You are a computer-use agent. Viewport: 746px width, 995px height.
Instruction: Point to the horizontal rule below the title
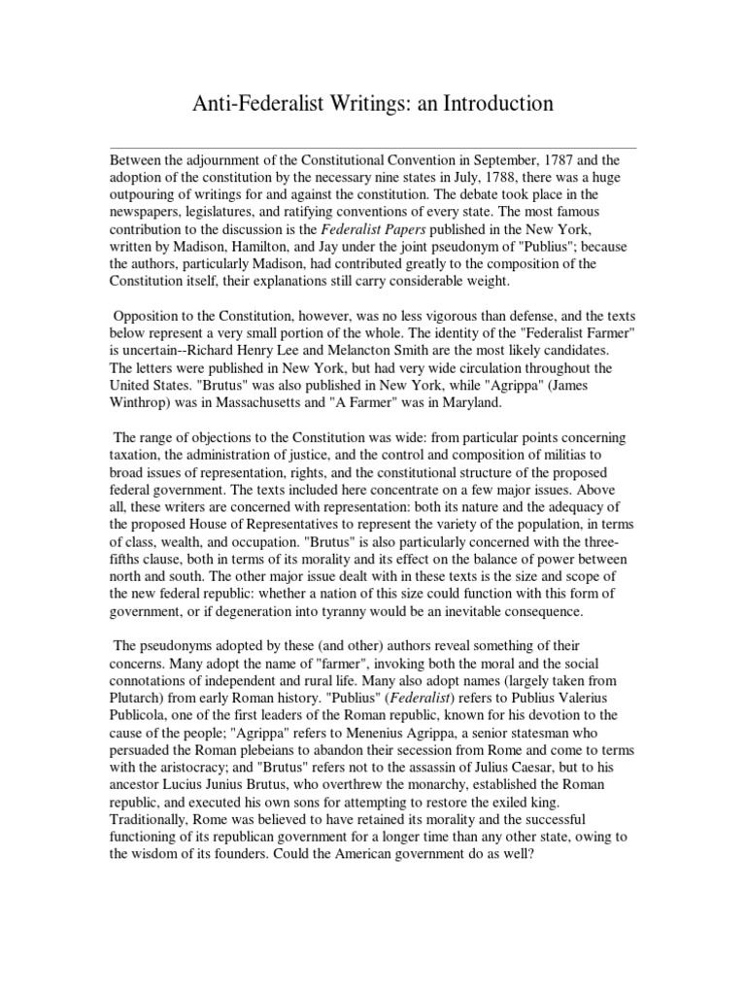tap(373, 148)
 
